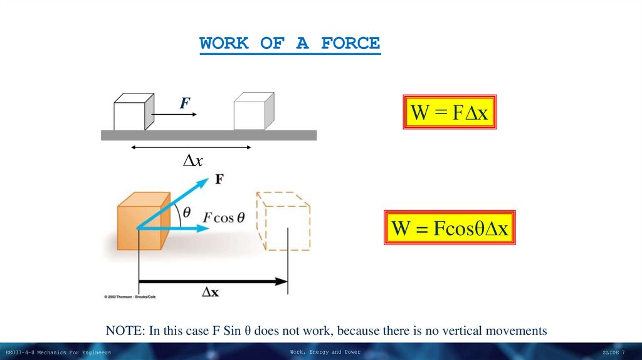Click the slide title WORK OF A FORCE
[x=290, y=44]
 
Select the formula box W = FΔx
[x=449, y=112]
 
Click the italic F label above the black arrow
[x=184, y=103]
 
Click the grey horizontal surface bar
[x=209, y=135]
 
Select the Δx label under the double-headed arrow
[x=192, y=161]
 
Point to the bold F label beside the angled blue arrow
[x=219, y=179]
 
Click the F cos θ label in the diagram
[x=224, y=217]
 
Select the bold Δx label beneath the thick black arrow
[x=210, y=292]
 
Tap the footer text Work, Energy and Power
[x=325, y=352]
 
